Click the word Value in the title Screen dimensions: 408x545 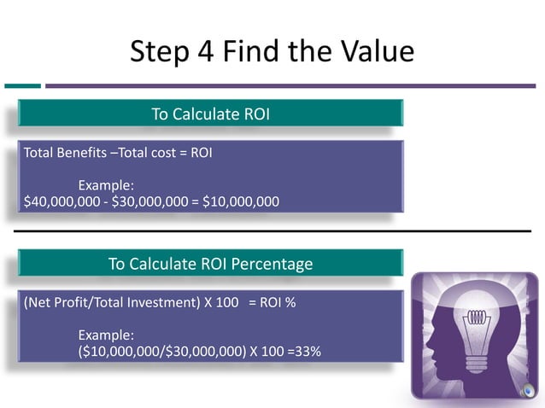[373, 51]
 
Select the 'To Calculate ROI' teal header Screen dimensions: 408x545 [210, 114]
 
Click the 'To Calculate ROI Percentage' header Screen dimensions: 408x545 [210, 264]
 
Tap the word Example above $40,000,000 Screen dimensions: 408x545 [106, 185]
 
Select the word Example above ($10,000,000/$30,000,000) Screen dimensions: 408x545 [106, 335]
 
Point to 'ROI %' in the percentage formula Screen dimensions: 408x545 [278, 303]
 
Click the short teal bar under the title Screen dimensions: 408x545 [22, 85]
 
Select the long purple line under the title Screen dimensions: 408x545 [290, 85]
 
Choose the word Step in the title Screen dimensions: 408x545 [159, 52]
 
